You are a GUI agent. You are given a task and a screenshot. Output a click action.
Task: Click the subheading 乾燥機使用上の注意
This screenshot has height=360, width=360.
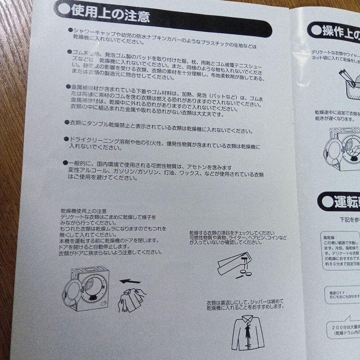[84, 211]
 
